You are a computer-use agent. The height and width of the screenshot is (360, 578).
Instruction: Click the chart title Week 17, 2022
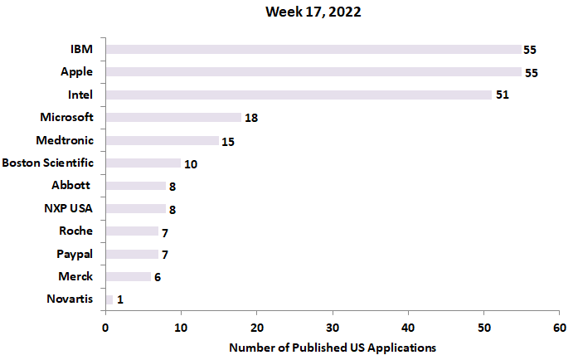click(313, 12)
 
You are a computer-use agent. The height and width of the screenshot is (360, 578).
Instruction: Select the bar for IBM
click(313, 50)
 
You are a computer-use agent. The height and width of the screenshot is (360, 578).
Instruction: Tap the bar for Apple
click(313, 72)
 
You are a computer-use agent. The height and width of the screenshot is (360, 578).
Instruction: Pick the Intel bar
click(299, 95)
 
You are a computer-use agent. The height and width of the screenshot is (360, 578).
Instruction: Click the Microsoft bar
click(173, 118)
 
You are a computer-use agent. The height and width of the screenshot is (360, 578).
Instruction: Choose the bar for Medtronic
click(162, 141)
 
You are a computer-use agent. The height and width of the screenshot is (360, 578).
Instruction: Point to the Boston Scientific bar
click(143, 163)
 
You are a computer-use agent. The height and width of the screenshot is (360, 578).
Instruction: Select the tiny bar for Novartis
click(109, 299)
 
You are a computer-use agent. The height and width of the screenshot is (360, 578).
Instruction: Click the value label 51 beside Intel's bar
click(502, 95)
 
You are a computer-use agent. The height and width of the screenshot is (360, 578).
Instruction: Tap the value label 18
click(251, 119)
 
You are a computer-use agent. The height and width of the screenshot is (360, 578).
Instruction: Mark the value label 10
click(191, 164)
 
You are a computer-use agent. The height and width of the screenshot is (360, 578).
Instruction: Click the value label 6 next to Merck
click(157, 277)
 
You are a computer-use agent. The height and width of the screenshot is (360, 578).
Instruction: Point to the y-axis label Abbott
click(70, 186)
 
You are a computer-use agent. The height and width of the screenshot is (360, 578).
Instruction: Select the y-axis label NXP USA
click(69, 208)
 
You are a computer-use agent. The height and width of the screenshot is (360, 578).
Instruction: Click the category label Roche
click(76, 231)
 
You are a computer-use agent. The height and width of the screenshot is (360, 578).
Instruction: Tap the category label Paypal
click(75, 253)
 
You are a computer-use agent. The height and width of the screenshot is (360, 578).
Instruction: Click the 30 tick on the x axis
click(333, 327)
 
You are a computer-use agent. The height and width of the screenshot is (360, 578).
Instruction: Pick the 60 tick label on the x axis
click(560, 327)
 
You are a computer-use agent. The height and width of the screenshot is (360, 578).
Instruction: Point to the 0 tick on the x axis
click(105, 327)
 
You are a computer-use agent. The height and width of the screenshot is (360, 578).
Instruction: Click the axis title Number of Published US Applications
click(332, 347)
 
